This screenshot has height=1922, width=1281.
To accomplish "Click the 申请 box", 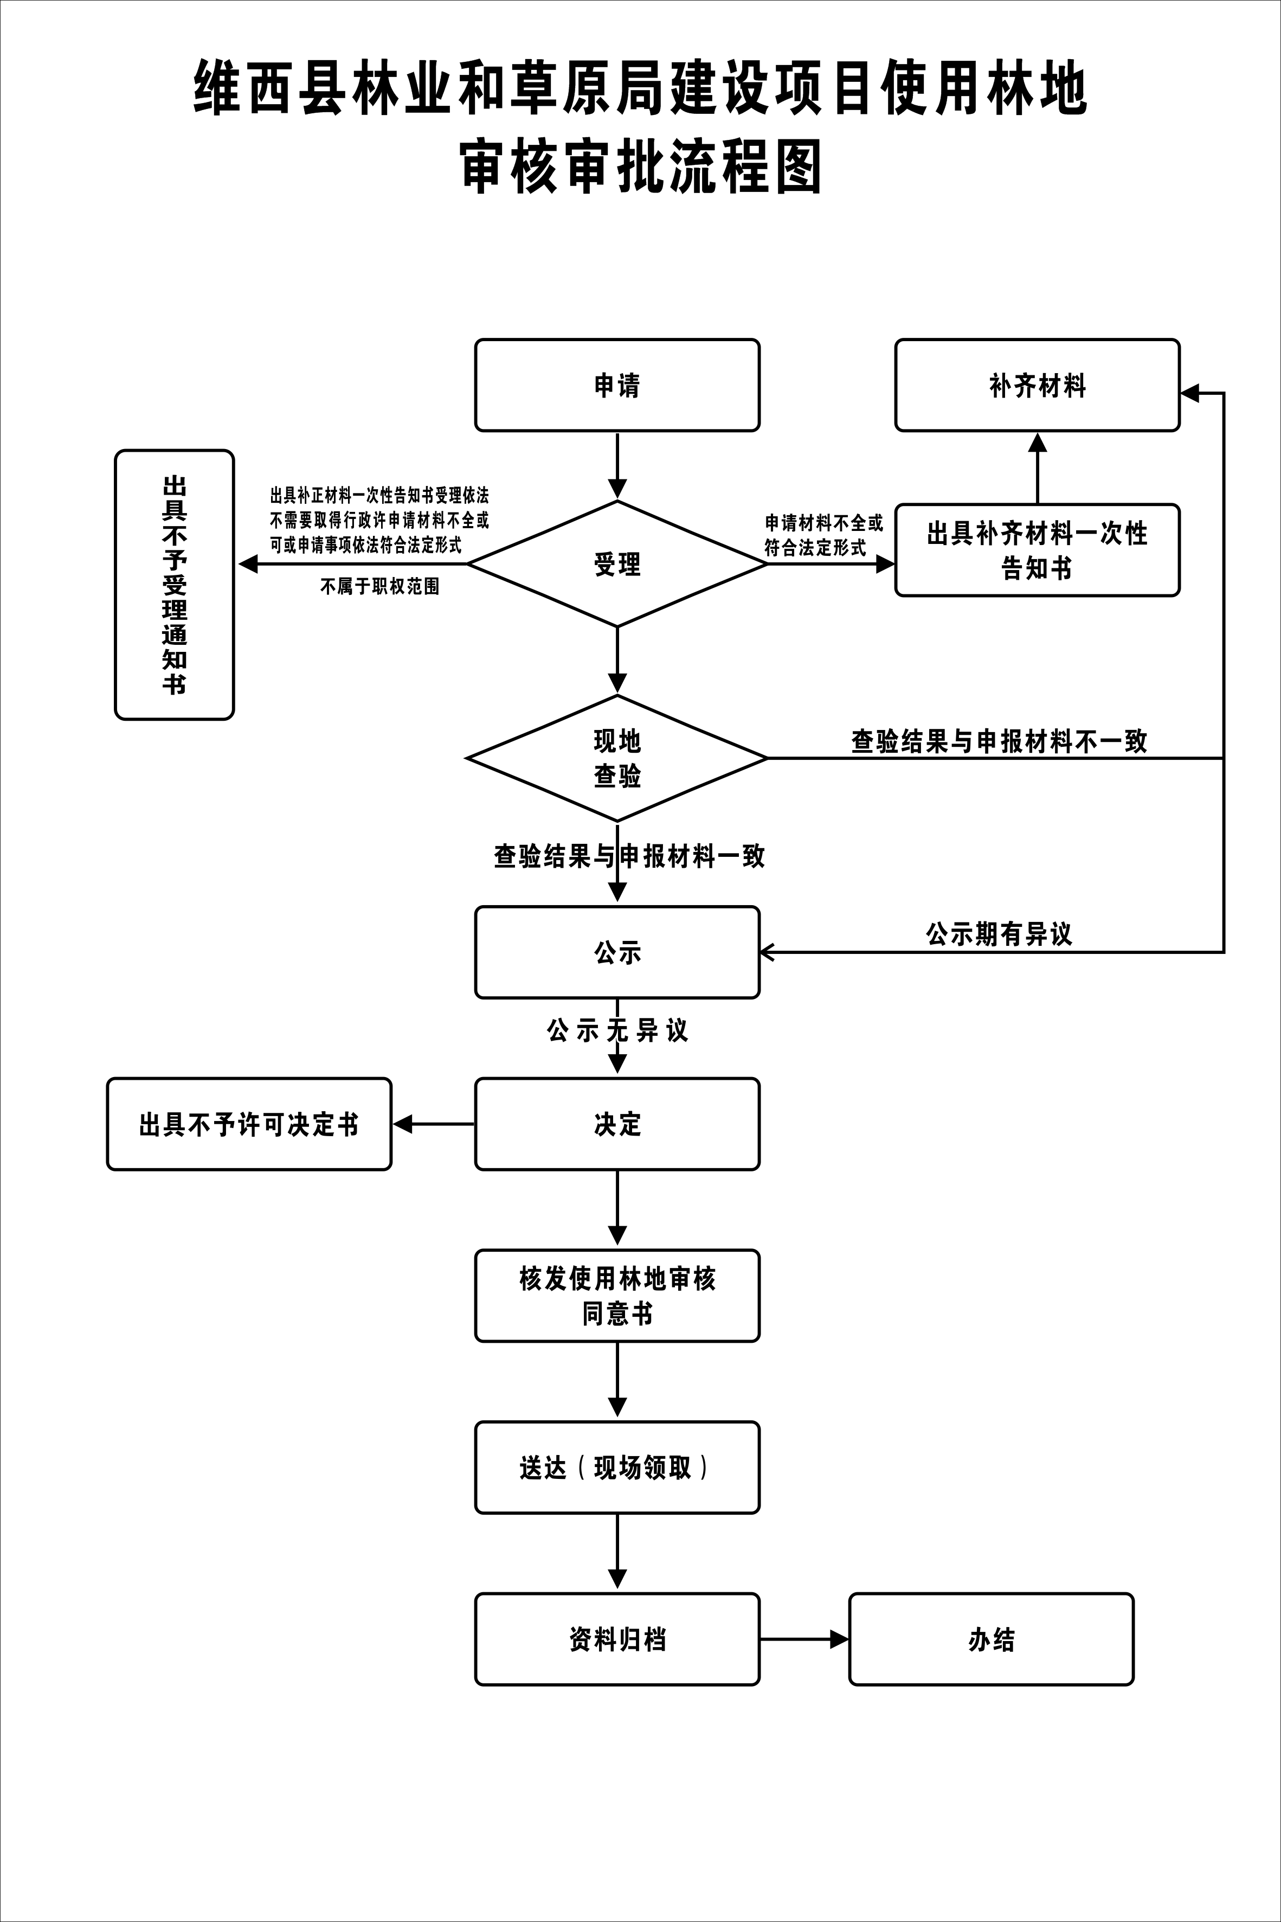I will click(x=617, y=385).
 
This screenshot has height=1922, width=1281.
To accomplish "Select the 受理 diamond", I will click(x=617, y=564).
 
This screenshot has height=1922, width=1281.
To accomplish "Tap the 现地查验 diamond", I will click(x=617, y=758).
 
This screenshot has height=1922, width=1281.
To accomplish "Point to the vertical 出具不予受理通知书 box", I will click(x=174, y=584).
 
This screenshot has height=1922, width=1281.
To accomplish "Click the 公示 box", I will click(x=617, y=952).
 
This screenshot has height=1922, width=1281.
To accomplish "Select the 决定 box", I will click(x=617, y=1124).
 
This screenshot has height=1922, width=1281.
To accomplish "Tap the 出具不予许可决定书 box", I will click(x=249, y=1124).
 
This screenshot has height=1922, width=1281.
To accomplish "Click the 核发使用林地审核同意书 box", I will click(x=617, y=1295).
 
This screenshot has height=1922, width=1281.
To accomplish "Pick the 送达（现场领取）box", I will click(x=617, y=1468).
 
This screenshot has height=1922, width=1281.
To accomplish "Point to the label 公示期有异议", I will click(x=999, y=933).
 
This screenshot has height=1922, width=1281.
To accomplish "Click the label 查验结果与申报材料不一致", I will click(x=999, y=741).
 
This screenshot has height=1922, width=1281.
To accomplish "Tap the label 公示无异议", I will click(x=617, y=1030).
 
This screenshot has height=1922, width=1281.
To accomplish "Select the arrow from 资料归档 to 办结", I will click(x=804, y=1638).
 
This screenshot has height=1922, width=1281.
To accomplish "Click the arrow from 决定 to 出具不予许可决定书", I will click(x=434, y=1124).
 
